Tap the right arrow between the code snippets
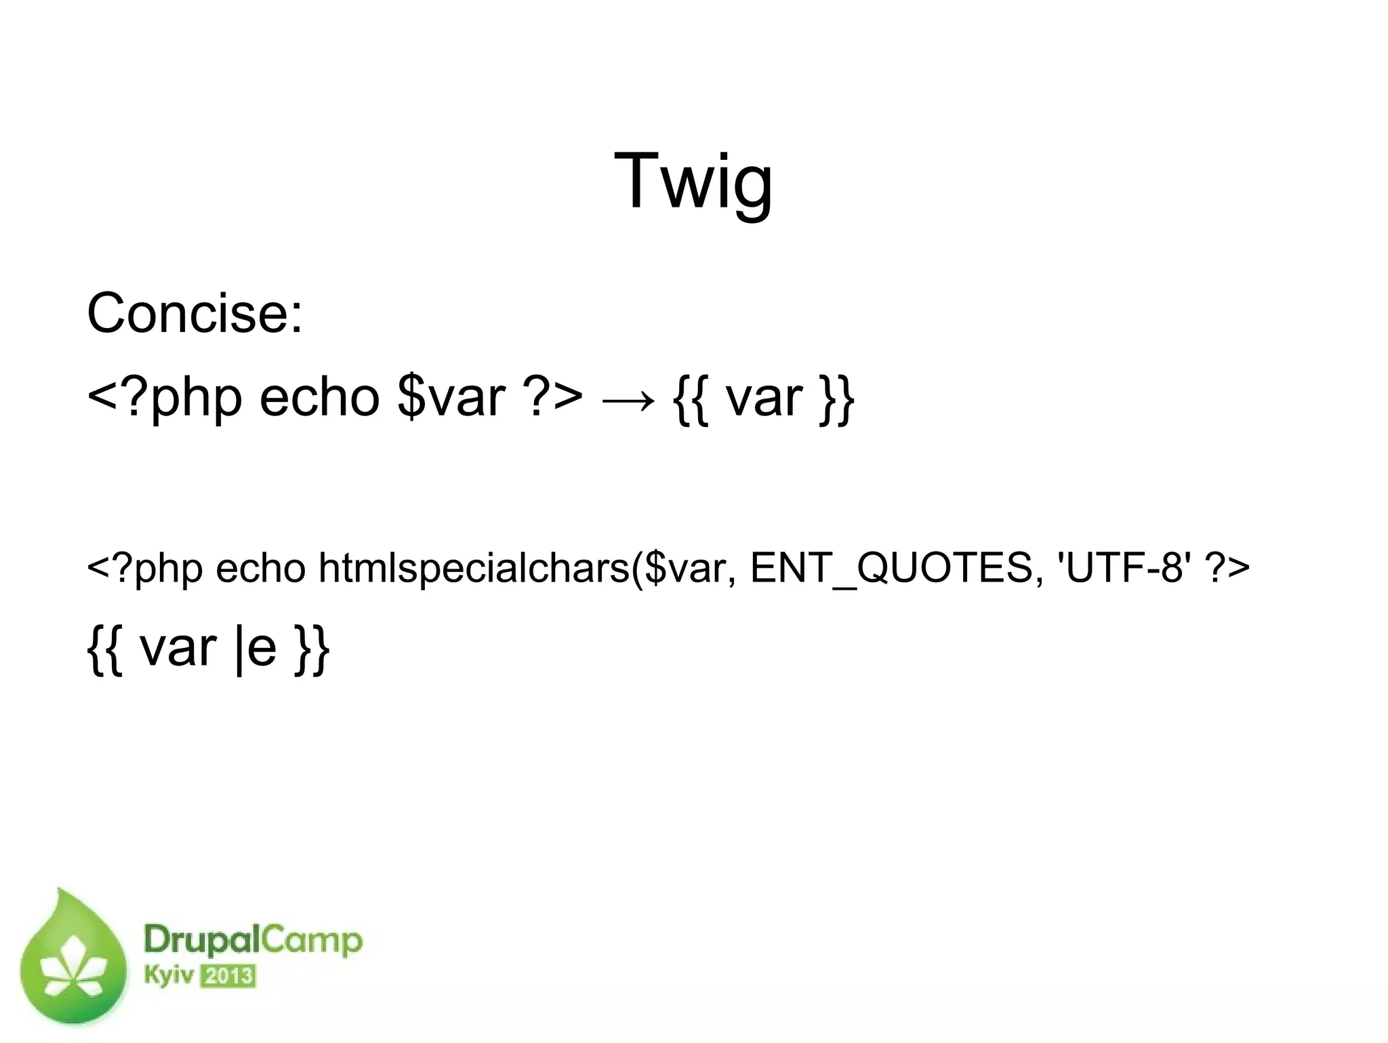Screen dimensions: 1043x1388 tap(628, 400)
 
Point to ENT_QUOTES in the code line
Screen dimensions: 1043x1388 tap(890, 567)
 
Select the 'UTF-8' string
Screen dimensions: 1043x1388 tap(1120, 567)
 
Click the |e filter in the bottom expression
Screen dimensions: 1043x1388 tap(255, 649)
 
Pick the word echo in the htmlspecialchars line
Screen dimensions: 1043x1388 tap(261, 567)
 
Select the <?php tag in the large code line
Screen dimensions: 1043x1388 tap(165, 398)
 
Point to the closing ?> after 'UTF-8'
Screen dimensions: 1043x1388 tap(1227, 567)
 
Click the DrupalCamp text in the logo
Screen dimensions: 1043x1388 tap(253, 941)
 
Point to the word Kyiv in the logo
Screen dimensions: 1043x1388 tap(169, 977)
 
